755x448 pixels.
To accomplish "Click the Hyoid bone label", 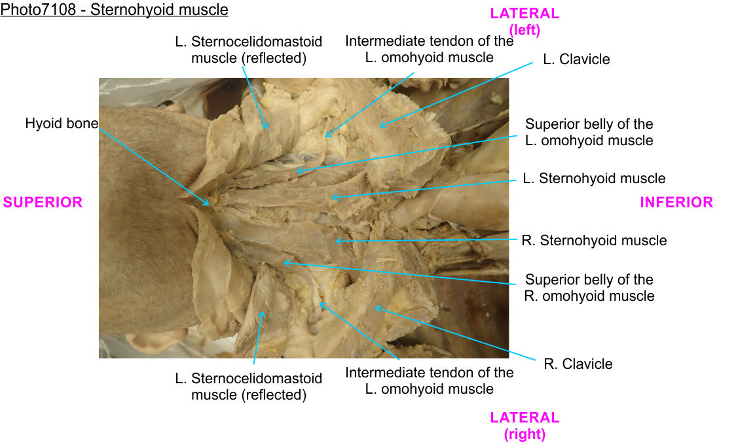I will pyautogui.click(x=62, y=123).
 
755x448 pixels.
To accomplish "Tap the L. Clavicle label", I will pyautogui.click(x=576, y=60).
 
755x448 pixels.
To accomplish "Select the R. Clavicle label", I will pyautogui.click(x=578, y=364).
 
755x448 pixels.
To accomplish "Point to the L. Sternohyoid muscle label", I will pyautogui.click(x=594, y=179).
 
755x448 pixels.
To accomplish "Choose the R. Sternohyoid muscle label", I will pyautogui.click(x=594, y=241).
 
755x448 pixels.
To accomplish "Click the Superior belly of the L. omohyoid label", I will pyautogui.click(x=589, y=132).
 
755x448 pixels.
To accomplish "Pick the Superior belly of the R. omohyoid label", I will pyautogui.click(x=589, y=288).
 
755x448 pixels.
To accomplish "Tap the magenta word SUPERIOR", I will pyautogui.click(x=43, y=202).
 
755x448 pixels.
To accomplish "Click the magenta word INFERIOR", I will pyautogui.click(x=676, y=202).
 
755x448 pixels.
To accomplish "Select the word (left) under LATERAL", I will pyautogui.click(x=525, y=29).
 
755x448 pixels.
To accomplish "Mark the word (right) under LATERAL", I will pyautogui.click(x=525, y=434).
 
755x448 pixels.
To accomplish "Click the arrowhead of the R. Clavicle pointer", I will pyautogui.click(x=375, y=307).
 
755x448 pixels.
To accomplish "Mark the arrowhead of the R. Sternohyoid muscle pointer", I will pyautogui.click(x=335, y=241).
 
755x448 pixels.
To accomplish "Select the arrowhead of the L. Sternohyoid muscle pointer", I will pyautogui.click(x=331, y=197).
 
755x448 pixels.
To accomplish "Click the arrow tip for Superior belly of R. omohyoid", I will pyautogui.click(x=284, y=262).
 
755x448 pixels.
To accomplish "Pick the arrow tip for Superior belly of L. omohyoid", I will pyautogui.click(x=296, y=172).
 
